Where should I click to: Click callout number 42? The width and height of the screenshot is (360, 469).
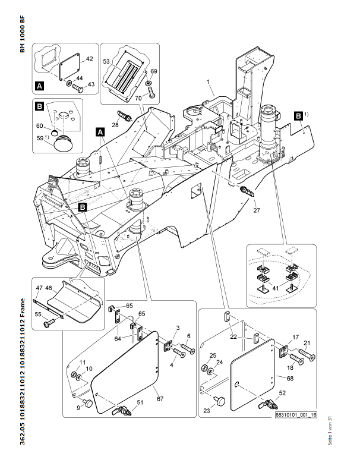tap(90, 59)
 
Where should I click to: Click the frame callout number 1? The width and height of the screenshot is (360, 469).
tap(208, 80)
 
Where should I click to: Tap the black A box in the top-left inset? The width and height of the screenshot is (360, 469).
tap(40, 86)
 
